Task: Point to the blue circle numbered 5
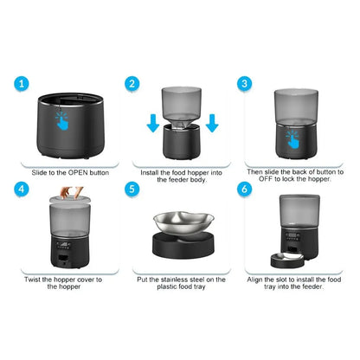(132, 188)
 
